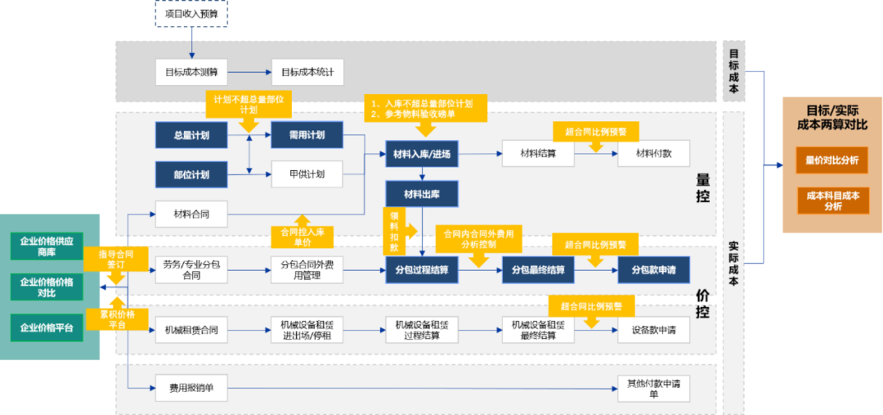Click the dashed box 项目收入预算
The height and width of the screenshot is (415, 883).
click(190, 13)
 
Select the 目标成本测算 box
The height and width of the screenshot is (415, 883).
click(190, 72)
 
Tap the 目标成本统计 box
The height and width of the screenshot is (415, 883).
click(307, 72)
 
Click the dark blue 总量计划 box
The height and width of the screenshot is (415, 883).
click(190, 135)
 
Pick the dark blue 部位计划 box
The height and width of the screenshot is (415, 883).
click(190, 174)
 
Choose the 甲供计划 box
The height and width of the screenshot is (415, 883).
click(307, 174)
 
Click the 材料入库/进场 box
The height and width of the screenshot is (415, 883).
click(422, 154)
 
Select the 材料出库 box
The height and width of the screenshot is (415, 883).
click(422, 194)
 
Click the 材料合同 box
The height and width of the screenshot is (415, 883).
click(190, 214)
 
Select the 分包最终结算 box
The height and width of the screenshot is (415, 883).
click(538, 270)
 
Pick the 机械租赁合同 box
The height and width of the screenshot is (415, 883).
click(190, 331)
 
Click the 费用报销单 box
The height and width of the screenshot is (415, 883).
click(190, 388)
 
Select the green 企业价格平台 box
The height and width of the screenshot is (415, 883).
click(47, 327)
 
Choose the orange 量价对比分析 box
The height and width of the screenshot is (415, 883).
click(832, 160)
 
